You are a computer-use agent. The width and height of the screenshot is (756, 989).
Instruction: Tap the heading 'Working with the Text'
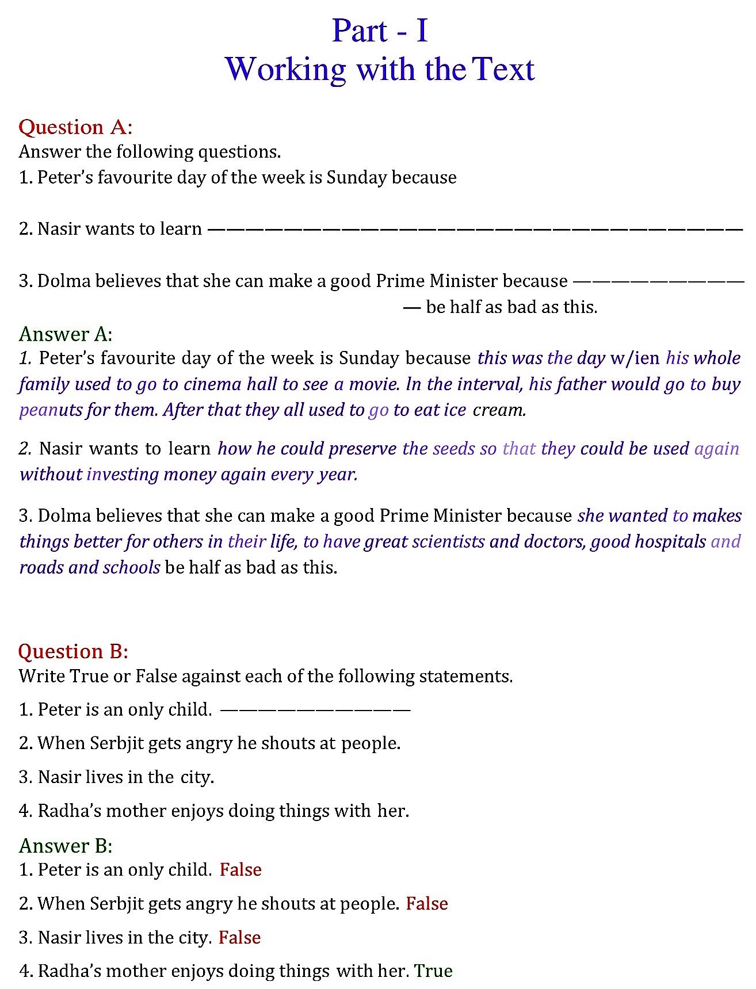click(380, 69)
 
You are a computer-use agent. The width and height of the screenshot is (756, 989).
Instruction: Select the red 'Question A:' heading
click(75, 127)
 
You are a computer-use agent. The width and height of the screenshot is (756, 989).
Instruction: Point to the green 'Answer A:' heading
click(66, 334)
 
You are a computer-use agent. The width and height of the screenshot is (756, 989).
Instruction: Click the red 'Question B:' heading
click(73, 651)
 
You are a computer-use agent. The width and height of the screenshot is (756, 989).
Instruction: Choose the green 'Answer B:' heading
click(66, 845)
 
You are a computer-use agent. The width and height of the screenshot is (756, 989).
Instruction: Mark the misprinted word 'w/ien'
click(635, 358)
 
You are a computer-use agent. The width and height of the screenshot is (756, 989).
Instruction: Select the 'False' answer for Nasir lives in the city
click(239, 937)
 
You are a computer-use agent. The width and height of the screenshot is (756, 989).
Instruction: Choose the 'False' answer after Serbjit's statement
click(426, 903)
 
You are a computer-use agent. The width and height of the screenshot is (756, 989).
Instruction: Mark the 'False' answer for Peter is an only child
click(240, 869)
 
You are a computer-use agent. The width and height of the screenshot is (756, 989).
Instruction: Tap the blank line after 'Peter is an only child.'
click(315, 709)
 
